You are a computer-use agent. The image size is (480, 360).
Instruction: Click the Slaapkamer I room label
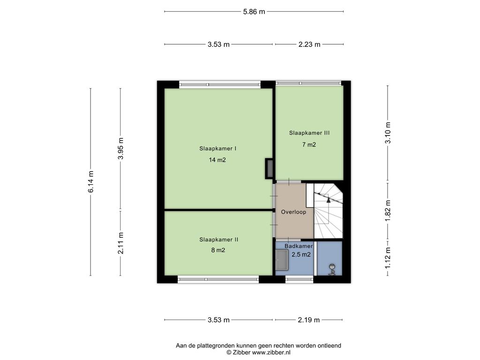coord(217,149)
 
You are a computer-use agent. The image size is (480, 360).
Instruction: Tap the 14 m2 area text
coord(217,160)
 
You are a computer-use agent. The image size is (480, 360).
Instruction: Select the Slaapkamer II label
coord(218,240)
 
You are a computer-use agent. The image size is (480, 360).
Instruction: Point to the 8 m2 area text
coord(218,250)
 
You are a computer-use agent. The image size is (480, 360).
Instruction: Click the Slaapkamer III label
coord(309,133)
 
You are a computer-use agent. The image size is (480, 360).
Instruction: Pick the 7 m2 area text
coord(309,144)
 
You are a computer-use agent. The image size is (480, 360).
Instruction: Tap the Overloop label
coord(293,212)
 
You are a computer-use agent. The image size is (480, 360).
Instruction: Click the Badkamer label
coord(299,246)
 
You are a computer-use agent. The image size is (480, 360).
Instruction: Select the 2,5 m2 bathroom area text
coord(301,255)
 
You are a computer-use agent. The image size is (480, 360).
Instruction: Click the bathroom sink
coord(282,260)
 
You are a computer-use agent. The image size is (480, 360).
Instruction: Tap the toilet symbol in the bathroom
coord(332,270)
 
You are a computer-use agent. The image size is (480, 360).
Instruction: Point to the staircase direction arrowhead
coord(329,200)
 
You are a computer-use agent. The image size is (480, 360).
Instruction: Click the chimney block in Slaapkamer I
coord(269,168)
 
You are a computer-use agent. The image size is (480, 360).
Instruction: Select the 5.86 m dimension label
coord(254,12)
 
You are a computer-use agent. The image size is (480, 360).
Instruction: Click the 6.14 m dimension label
coord(90,182)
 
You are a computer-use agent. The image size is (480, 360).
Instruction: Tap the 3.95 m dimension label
coord(120,149)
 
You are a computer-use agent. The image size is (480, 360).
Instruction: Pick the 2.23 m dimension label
coord(309,45)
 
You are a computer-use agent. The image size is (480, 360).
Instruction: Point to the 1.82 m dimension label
coord(388,211)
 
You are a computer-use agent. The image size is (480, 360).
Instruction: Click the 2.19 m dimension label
coord(308,320)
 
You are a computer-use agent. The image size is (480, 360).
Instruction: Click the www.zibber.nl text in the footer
coord(271,352)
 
